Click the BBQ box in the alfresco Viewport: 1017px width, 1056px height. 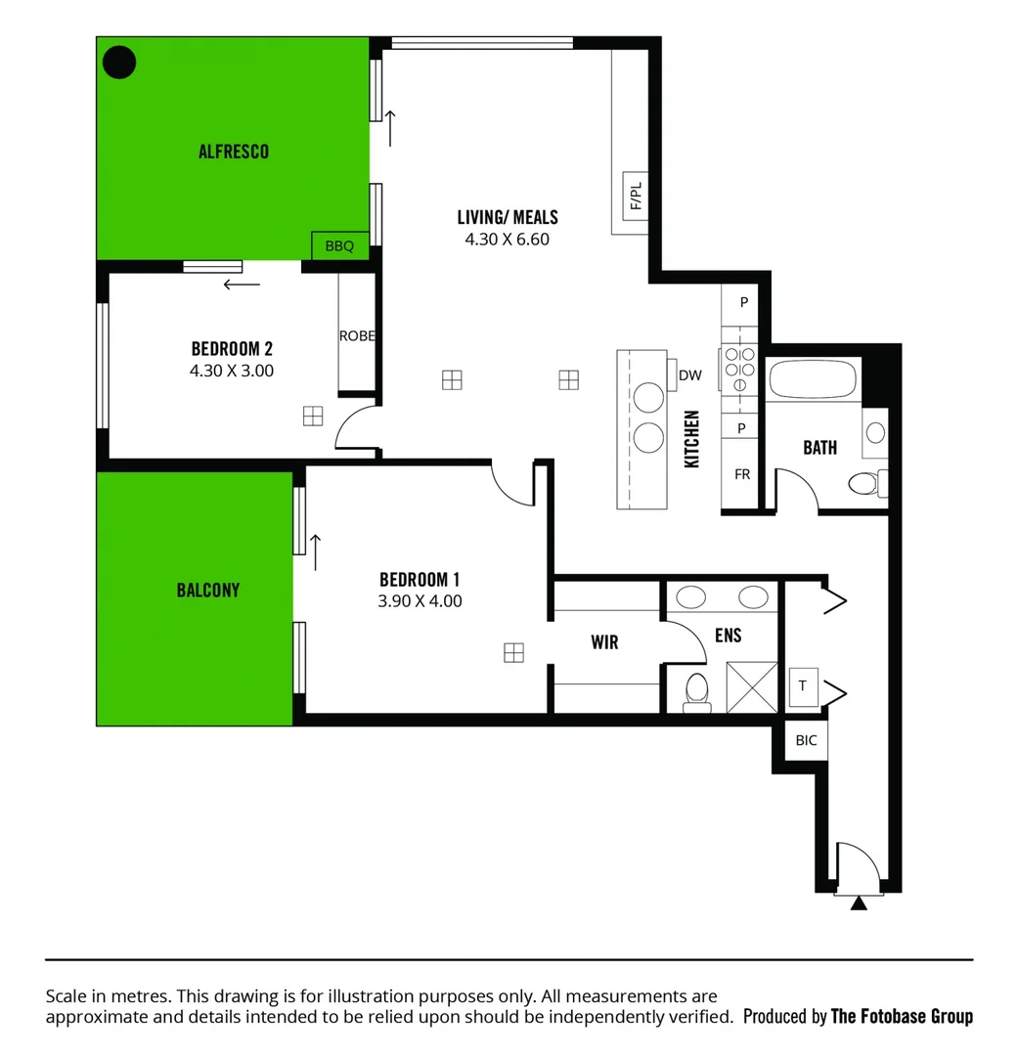339,246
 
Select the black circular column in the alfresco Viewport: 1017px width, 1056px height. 119,63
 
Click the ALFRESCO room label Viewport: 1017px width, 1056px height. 233,152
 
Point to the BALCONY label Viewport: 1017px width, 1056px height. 207,591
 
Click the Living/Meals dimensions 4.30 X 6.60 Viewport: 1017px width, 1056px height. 507,239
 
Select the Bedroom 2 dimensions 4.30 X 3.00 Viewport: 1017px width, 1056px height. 232,371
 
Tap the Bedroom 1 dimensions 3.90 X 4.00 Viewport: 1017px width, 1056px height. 420,601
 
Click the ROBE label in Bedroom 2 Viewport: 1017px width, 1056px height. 357,335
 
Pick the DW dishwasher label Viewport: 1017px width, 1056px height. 689,374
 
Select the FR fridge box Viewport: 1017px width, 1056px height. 742,474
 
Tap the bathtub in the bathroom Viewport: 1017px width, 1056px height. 812,380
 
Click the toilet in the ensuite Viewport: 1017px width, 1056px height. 697,688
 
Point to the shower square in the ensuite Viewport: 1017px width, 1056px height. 752,687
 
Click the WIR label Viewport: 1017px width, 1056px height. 604,641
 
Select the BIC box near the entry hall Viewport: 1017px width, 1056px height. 806,740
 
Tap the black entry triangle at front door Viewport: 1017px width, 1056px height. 859,903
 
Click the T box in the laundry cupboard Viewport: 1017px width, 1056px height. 803,686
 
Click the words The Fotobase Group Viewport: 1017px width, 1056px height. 902,1017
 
